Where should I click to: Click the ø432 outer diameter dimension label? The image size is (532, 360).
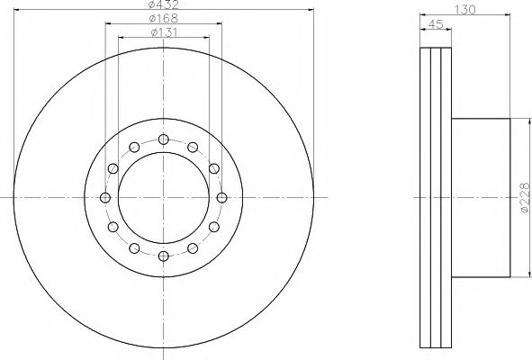(164, 4)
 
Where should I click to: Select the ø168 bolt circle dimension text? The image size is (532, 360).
(164, 18)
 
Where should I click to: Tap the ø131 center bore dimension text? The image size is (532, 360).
(164, 32)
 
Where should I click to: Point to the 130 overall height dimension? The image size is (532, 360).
(464, 10)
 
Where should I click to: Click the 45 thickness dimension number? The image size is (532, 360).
(436, 24)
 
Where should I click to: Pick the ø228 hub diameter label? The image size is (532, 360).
(525, 198)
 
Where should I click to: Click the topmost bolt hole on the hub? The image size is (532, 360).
(164, 139)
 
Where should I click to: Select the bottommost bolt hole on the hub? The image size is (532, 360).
(164, 256)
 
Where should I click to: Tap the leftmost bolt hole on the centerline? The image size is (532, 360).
(105, 197)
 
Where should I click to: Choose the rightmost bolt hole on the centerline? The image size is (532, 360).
(222, 197)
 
